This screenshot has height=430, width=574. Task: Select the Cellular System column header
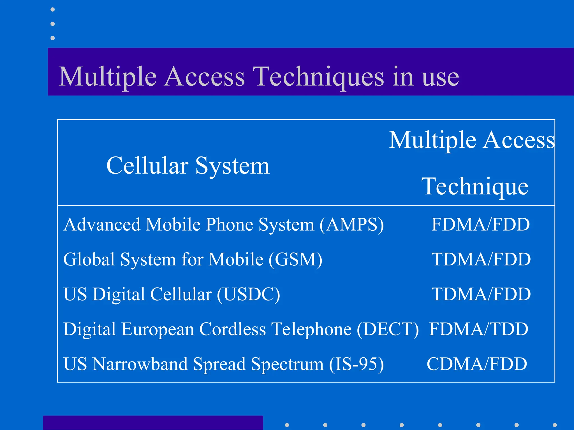point(188,166)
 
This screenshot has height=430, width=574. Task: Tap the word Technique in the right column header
point(475,186)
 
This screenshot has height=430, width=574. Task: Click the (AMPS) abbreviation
point(352,225)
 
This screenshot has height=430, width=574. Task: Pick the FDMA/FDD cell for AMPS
point(480,225)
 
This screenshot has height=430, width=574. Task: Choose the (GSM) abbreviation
point(295,259)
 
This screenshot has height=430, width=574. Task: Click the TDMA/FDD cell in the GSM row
point(481,259)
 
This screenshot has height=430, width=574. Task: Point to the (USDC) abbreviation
point(248,294)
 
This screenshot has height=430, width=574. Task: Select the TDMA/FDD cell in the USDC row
point(481,294)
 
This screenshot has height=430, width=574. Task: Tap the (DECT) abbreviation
point(388,329)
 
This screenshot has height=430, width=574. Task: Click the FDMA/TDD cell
point(479,329)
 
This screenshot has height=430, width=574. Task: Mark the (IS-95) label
point(356,364)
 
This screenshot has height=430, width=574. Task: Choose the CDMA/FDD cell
point(477,364)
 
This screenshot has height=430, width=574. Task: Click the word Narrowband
point(140,364)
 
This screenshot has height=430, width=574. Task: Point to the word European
point(158,329)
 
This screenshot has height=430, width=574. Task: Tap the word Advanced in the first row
point(102,225)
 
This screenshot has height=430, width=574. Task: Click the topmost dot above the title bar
point(53,10)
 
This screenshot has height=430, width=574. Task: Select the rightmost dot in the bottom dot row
point(555,425)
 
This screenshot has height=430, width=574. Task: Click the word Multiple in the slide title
point(107,77)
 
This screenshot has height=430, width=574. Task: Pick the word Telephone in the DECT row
point(312,329)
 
